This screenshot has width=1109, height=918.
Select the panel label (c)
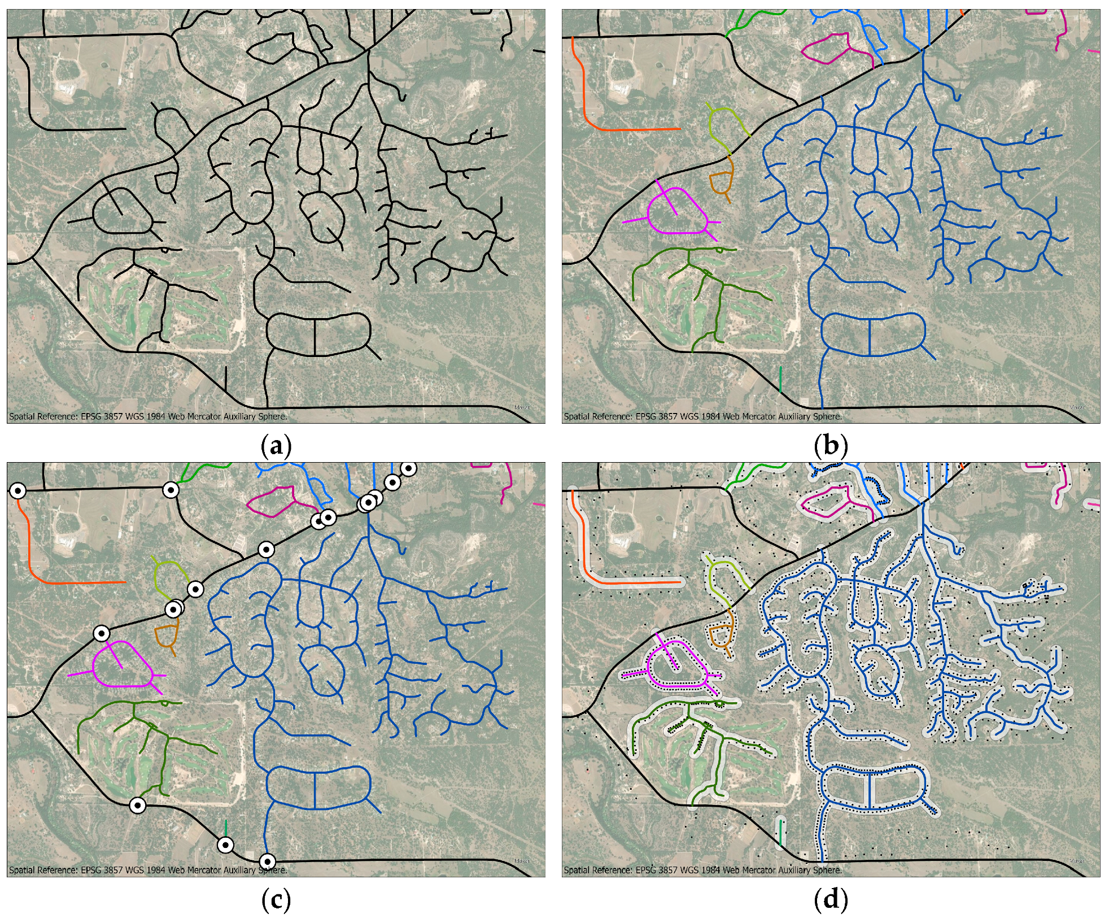[x=276, y=900]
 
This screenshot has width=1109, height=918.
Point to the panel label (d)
[x=831, y=900]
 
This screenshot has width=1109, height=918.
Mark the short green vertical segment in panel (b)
[x=780, y=379]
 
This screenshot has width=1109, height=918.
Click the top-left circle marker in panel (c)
[x=18, y=491]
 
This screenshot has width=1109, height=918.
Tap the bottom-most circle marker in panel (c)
[x=267, y=861]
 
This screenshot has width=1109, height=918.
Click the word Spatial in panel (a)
[x=23, y=417]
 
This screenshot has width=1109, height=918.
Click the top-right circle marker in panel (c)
[x=409, y=468]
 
